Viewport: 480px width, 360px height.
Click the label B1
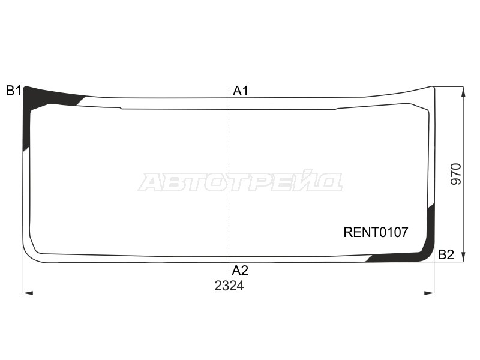(13, 91)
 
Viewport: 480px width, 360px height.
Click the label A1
(241, 91)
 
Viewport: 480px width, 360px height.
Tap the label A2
(240, 271)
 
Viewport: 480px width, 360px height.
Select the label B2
(446, 254)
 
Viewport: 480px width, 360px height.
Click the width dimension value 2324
(229, 286)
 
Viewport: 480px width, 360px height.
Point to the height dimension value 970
(456, 174)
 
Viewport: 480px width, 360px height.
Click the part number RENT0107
(376, 232)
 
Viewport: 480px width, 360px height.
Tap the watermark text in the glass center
(240, 181)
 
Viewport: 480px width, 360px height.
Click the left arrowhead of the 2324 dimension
(26, 293)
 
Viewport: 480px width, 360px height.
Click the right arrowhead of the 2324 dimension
(430, 293)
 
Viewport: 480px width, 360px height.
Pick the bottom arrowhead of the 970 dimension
(463, 258)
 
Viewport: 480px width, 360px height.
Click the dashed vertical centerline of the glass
(229, 180)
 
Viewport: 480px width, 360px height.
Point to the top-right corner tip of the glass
(433, 87)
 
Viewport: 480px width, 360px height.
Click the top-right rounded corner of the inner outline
(424, 109)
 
